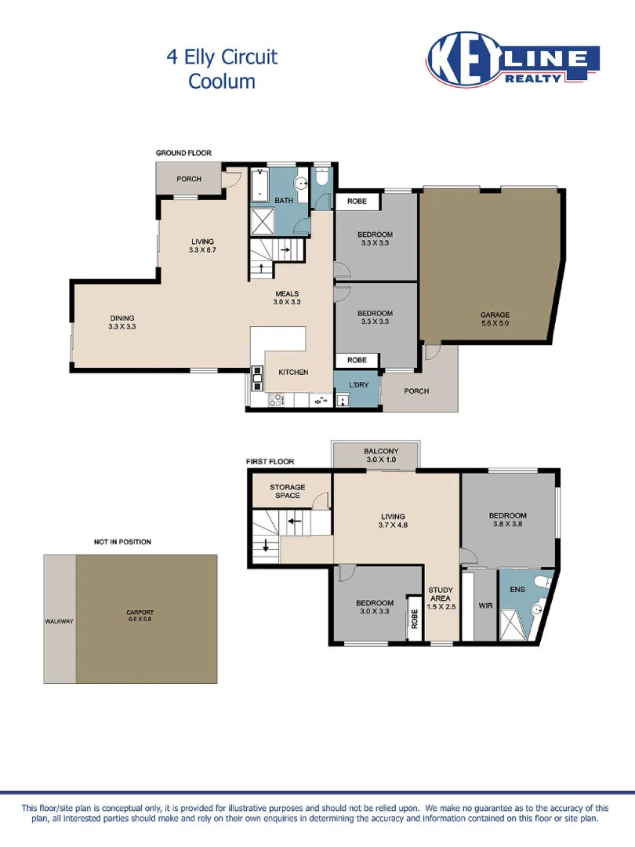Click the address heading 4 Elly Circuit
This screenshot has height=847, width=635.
222,57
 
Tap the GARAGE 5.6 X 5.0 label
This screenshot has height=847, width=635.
495,319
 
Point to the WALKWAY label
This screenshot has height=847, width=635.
59,621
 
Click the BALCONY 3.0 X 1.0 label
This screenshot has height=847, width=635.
381,456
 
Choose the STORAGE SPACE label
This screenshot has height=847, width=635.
287,492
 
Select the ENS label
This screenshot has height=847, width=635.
517,588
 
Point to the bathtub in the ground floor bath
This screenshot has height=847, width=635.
259,187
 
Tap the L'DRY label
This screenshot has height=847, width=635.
358,384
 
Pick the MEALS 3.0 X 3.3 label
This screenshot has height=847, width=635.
286,298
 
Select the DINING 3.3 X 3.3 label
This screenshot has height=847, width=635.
122,322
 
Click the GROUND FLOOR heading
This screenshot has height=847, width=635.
183,153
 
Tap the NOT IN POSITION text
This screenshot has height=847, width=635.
122,542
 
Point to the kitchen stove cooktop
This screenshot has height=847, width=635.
276,400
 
